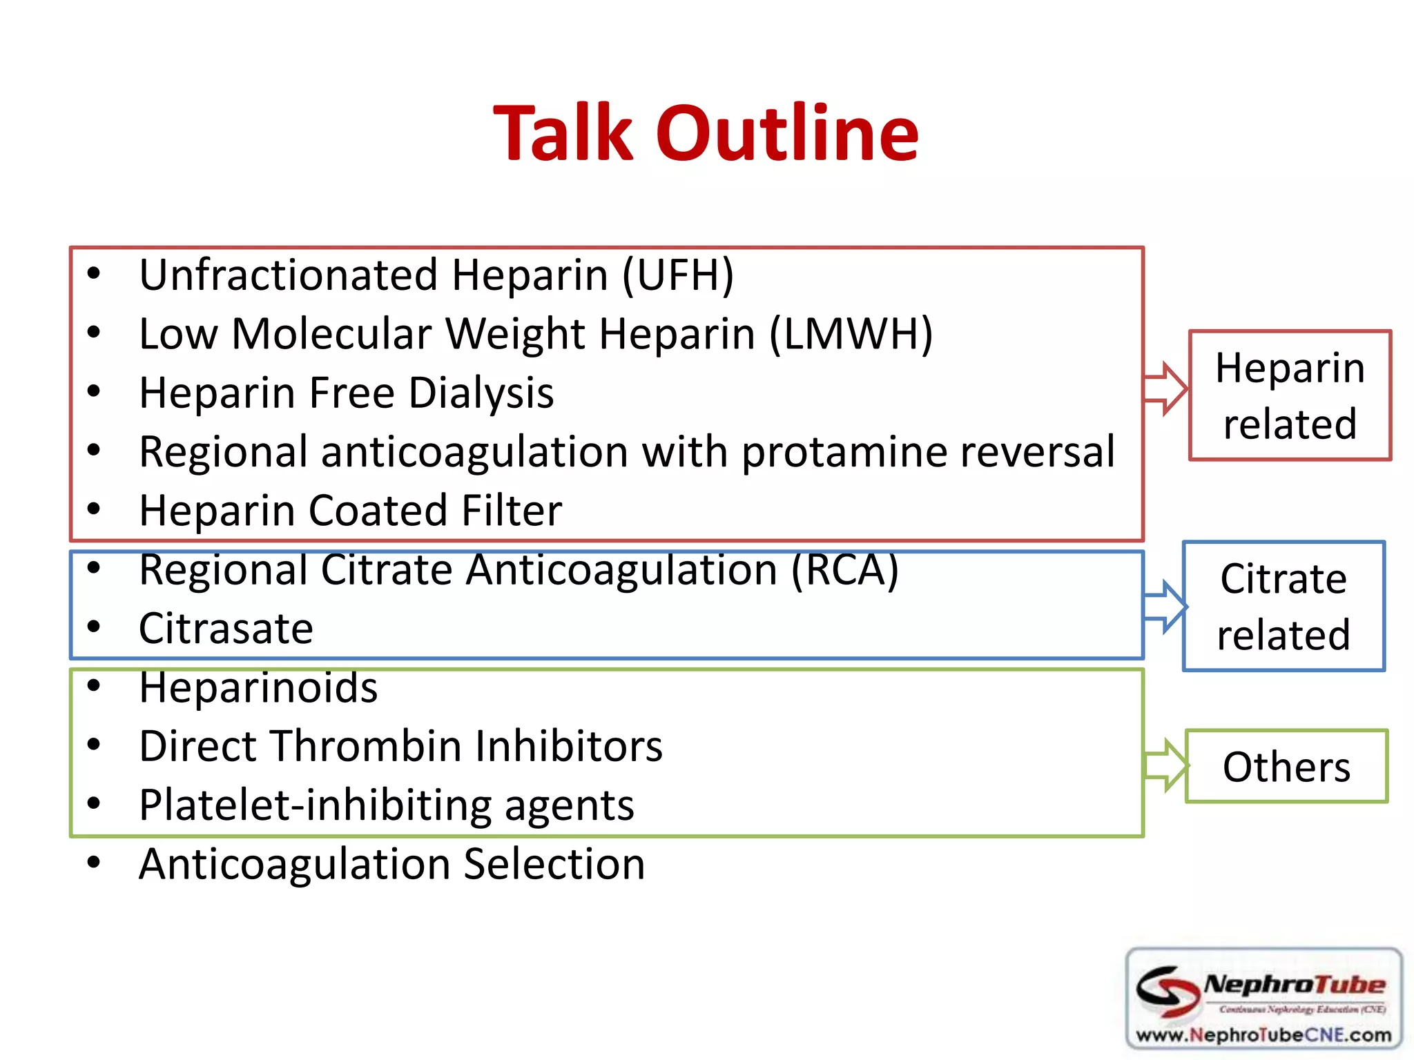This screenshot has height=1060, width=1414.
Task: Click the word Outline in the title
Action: pos(786,133)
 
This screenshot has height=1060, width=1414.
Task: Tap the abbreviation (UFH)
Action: pos(678,275)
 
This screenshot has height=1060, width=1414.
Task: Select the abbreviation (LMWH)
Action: pos(851,335)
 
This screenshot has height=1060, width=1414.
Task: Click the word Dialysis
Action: pos(481,393)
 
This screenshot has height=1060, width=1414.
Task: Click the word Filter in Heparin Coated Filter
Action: pos(511,511)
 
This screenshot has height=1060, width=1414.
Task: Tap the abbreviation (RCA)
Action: pos(844,571)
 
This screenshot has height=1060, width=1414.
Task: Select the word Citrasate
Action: pos(226,629)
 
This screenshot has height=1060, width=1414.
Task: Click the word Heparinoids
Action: pos(258,688)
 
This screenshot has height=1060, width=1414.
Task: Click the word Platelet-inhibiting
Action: pos(315,805)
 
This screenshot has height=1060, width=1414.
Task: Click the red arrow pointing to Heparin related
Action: pos(1165,388)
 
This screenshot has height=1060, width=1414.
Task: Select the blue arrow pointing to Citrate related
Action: pos(1165,606)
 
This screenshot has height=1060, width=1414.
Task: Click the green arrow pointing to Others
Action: pos(1165,765)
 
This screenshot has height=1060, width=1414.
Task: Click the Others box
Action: pos(1286,766)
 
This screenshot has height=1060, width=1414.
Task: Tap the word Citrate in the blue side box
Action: pos(1283,578)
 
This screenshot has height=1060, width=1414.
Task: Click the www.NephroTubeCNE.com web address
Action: pos(1263,1035)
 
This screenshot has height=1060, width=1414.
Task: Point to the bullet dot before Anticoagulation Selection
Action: pos(94,862)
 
